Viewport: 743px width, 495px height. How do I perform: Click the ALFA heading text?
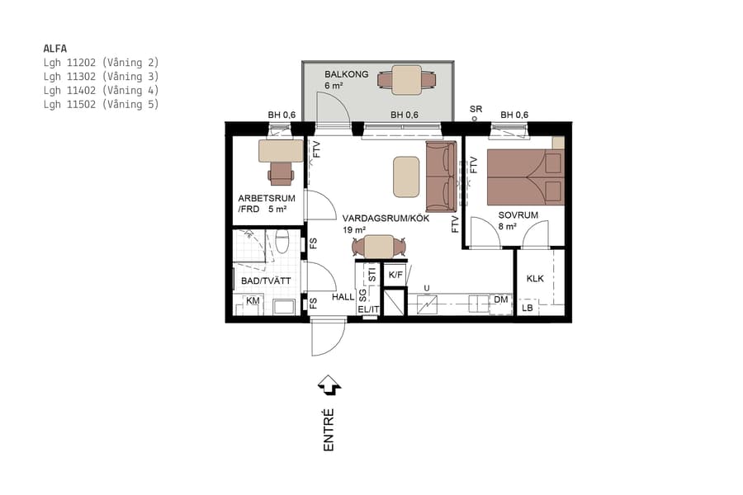tap(54, 48)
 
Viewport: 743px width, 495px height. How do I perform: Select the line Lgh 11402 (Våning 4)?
tap(100, 90)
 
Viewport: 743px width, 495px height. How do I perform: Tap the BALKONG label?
tap(346, 74)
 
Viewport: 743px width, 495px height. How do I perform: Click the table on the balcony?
tap(406, 80)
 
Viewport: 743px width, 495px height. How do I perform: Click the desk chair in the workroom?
tap(281, 171)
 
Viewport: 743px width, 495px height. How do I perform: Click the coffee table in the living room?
tap(406, 177)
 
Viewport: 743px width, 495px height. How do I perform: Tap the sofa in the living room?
tap(440, 176)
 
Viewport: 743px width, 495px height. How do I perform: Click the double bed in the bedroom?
tap(525, 177)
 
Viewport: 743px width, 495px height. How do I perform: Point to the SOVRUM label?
tap(518, 214)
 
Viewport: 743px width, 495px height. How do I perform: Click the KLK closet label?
tap(535, 279)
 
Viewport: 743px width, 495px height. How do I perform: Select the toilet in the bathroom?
tap(282, 242)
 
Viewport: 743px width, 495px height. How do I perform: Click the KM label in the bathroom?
tap(253, 302)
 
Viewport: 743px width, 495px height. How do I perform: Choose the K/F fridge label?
tap(395, 275)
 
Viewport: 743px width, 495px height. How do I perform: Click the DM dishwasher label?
tap(500, 300)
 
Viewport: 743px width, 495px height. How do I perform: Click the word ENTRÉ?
tap(329, 429)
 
